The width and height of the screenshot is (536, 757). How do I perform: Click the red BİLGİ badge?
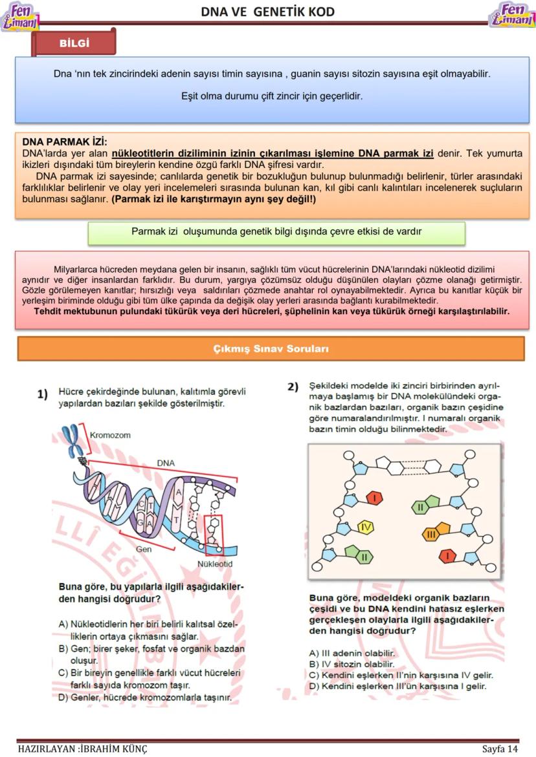coord(74,43)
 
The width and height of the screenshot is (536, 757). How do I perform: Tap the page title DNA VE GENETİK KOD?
coord(267,12)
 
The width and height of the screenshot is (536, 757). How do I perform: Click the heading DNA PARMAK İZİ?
coord(65,142)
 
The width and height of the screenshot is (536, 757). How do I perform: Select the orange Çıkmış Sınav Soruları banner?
coord(271,348)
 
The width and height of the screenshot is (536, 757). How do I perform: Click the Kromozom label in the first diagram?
coord(110,435)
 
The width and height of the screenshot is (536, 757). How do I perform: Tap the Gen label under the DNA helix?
coord(144,549)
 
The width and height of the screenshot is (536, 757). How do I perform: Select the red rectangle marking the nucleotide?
coord(213,535)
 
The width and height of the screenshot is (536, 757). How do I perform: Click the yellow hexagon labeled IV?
coord(366,528)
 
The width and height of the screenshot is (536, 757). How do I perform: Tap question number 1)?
coord(43,394)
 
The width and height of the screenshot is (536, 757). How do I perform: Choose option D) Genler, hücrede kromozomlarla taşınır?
coord(145,698)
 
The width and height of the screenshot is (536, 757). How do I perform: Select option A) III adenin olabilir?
coord(352,653)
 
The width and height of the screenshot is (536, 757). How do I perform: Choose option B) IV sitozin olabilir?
coord(352,664)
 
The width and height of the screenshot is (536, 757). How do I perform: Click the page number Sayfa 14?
coord(500,749)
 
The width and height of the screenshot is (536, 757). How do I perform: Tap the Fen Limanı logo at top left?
coord(20,16)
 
